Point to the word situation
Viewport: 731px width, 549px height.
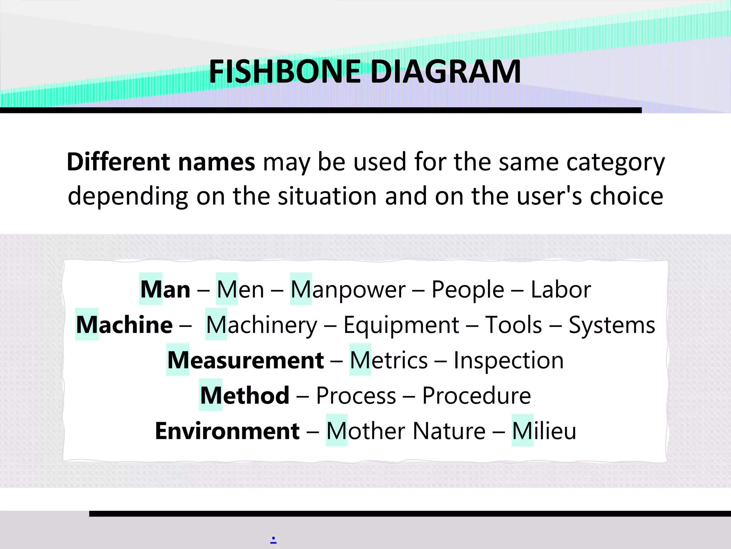pyautogui.click(x=327, y=196)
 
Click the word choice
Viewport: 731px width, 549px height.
pyautogui.click(x=626, y=196)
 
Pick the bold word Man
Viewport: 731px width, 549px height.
pyautogui.click(x=165, y=289)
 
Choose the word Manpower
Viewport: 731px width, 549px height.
pyautogui.click(x=348, y=290)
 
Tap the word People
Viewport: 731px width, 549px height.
pyautogui.click(x=468, y=290)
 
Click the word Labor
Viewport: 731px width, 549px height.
pyautogui.click(x=561, y=289)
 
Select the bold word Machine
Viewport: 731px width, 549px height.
pyautogui.click(x=124, y=325)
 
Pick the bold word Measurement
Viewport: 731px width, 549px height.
pyautogui.click(x=246, y=360)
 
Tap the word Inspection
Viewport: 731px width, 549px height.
pyautogui.click(x=509, y=360)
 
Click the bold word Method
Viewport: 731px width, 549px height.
pyautogui.click(x=245, y=395)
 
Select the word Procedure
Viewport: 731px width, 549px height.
pyautogui.click(x=477, y=395)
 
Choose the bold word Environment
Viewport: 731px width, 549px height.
pyautogui.click(x=227, y=431)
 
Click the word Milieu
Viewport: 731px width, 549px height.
pyautogui.click(x=544, y=431)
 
